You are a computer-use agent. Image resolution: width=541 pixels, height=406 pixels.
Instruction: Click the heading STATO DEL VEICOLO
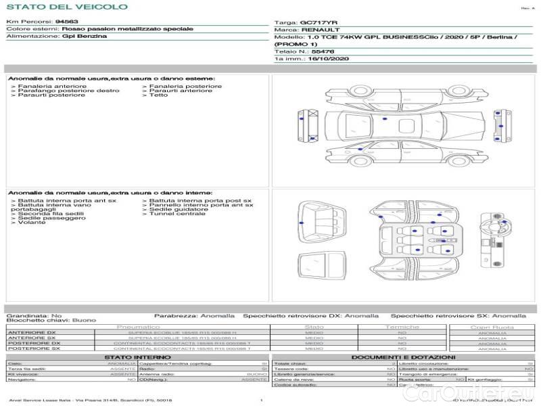(66, 7)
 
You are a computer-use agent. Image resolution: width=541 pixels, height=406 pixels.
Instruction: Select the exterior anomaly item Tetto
(158, 95)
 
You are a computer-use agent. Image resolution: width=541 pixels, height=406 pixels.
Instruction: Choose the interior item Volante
(32, 223)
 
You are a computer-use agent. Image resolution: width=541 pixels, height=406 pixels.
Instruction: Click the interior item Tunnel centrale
(177, 214)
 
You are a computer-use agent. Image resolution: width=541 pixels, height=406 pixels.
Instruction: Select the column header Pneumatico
(138, 327)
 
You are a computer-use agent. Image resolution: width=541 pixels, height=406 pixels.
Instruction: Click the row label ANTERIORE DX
(32, 333)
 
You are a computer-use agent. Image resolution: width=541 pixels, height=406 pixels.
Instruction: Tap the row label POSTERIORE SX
(33, 348)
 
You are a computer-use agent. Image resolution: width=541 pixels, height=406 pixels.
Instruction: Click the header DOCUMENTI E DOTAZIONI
(403, 357)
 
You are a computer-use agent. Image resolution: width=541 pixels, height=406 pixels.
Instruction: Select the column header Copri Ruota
(492, 327)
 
